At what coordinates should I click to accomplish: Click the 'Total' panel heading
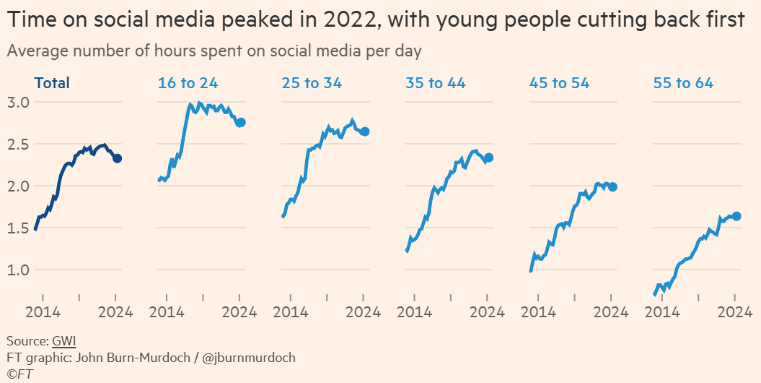pos(53,83)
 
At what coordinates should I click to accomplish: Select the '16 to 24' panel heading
pos(187,83)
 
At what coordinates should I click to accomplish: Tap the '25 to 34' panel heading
pos(312,83)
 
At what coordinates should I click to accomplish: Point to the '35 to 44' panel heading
pos(436,83)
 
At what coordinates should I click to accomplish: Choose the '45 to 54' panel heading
pos(559,83)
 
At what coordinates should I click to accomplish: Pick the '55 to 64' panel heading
pos(683,83)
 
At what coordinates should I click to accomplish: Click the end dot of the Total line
pos(117,158)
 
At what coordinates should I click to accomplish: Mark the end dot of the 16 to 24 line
pos(241,123)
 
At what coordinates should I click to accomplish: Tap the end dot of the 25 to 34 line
pos(365,132)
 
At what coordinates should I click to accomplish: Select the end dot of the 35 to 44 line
pos(489,158)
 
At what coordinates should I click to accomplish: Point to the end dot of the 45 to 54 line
pos(612,186)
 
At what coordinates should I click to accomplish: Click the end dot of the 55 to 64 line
pos(736,216)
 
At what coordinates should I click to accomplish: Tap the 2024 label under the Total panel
pos(116,312)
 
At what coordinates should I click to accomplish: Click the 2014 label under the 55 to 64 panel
pos(662,312)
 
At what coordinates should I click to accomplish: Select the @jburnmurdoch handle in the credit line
pos(250,358)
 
